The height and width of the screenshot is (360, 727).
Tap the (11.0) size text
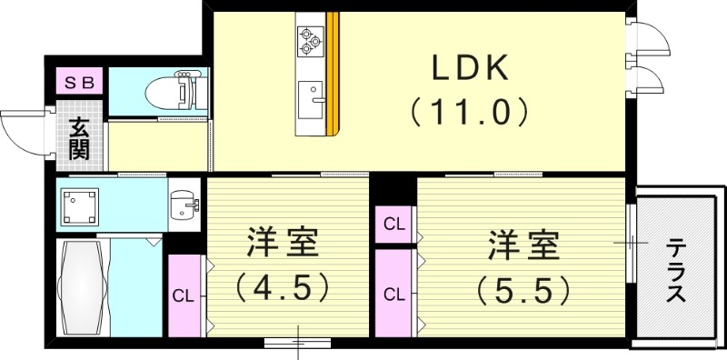coord(469,113)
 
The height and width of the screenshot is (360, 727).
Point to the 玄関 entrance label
coord(80,137)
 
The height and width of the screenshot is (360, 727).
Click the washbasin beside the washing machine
coord(184,205)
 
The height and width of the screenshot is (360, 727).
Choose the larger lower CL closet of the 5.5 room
coord(393,293)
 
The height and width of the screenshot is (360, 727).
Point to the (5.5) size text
coord(523,290)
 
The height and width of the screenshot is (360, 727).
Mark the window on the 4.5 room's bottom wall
coord(298,342)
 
